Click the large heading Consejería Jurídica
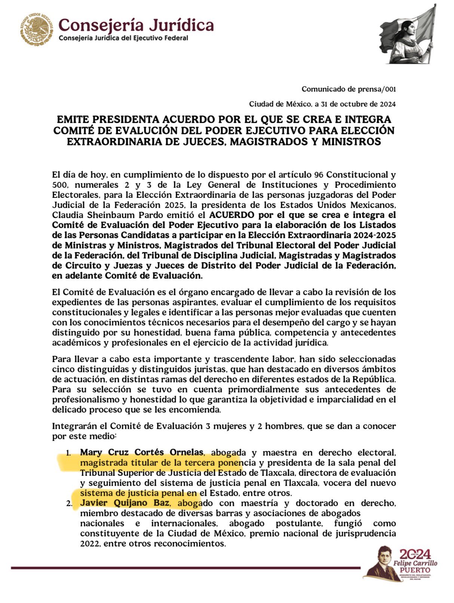[x=136, y=25]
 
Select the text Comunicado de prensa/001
[x=349, y=89]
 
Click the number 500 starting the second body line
[x=60, y=185]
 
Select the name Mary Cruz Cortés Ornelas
[x=142, y=452]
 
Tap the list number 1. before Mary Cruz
[x=68, y=453]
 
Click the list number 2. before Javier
[x=69, y=503]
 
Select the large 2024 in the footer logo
[x=415, y=554]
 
